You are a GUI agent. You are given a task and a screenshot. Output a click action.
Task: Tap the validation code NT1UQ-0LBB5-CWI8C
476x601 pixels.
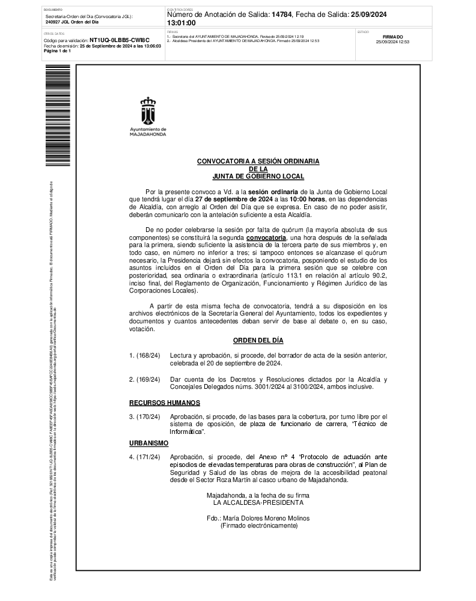pyautogui.click(x=119, y=40)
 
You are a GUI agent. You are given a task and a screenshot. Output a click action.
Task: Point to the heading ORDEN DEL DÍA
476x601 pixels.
pyautogui.click(x=258, y=340)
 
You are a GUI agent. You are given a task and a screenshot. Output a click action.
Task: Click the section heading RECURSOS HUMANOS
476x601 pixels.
pyautogui.click(x=165, y=402)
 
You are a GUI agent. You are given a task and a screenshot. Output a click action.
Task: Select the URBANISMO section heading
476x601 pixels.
pyautogui.click(x=149, y=443)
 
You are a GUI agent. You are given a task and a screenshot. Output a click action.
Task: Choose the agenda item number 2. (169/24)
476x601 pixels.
pyautogui.click(x=145, y=379)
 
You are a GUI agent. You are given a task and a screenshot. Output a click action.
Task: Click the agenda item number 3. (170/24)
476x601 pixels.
pyautogui.click(x=145, y=417)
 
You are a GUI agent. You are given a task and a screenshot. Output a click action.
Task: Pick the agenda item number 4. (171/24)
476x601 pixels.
pyautogui.click(x=145, y=457)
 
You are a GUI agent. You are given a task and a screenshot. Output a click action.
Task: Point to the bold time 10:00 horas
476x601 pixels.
pyautogui.click(x=308, y=199)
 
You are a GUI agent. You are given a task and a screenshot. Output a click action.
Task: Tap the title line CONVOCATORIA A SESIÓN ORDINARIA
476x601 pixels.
pyautogui.click(x=258, y=162)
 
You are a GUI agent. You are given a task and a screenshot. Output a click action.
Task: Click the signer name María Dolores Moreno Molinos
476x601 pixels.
pyautogui.click(x=258, y=517)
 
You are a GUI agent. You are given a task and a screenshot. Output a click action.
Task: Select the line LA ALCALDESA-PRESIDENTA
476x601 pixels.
pyautogui.click(x=258, y=502)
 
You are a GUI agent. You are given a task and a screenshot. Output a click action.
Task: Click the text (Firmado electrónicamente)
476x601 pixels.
pyautogui.click(x=258, y=525)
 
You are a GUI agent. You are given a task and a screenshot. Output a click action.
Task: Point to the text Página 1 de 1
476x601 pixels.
pyautogui.click(x=58, y=51)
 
